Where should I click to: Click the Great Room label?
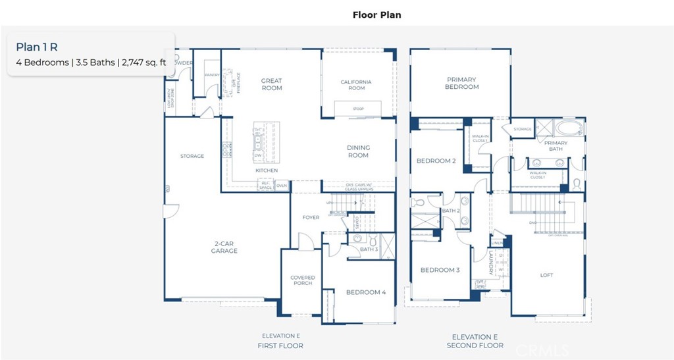click(x=271, y=84)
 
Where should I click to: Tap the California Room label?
click(x=356, y=85)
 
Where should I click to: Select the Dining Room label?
click(x=358, y=151)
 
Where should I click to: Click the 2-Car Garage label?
click(x=224, y=247)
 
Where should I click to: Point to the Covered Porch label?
click(x=303, y=281)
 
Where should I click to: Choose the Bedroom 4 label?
click(x=366, y=292)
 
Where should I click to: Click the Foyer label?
click(x=311, y=218)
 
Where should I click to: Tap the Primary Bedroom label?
click(x=461, y=83)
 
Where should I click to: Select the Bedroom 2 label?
click(x=436, y=161)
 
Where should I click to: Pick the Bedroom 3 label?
click(x=440, y=270)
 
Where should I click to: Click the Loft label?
click(x=546, y=275)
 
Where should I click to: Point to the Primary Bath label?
click(x=556, y=145)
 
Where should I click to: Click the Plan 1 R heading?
click(x=38, y=47)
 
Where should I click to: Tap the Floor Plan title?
click(x=376, y=14)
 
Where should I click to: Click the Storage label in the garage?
click(x=192, y=156)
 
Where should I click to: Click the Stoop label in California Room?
click(x=357, y=109)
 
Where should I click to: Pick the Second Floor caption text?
click(x=475, y=346)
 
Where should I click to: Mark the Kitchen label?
click(x=267, y=170)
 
